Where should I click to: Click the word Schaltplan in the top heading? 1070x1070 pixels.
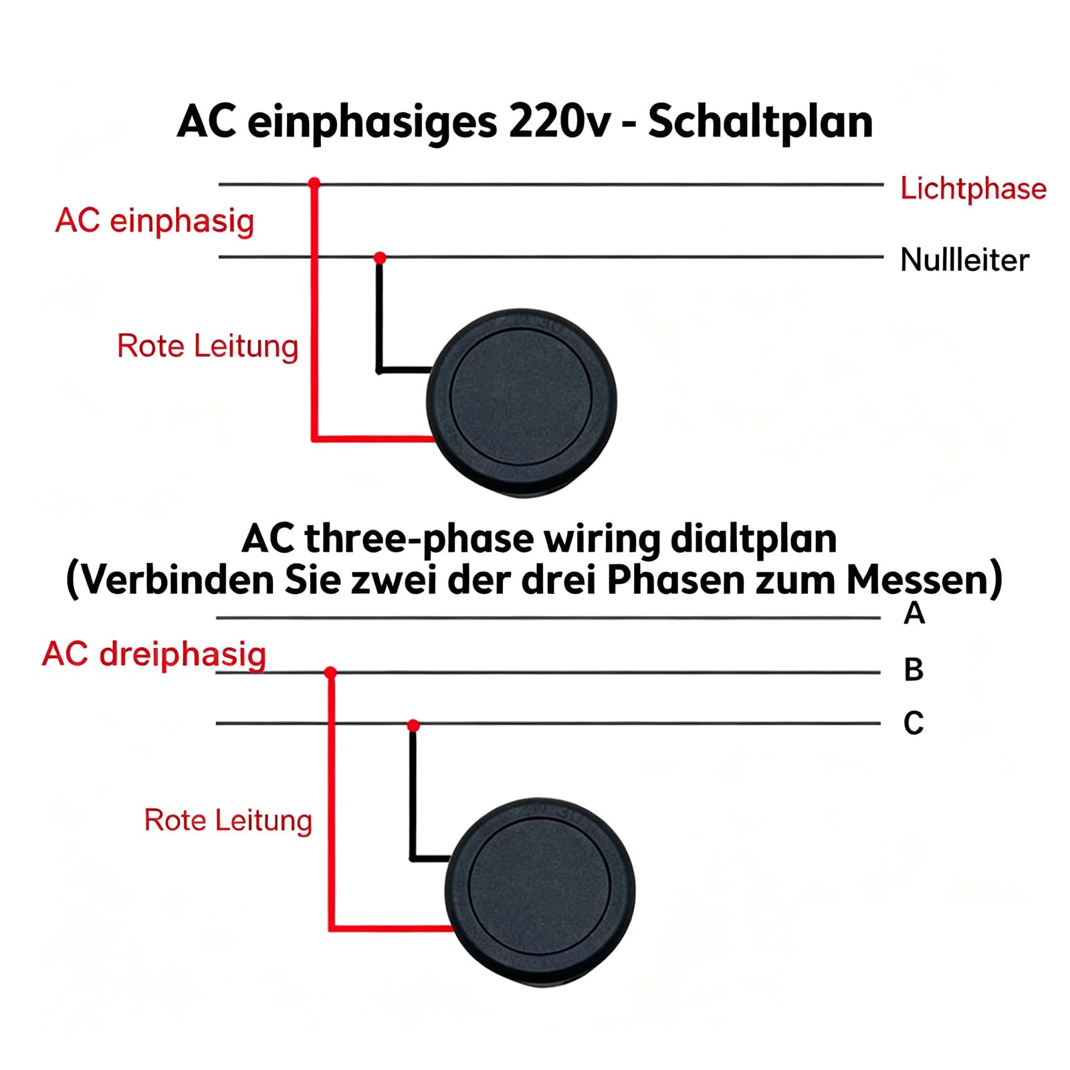click(760, 123)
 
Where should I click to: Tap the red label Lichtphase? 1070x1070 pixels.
click(973, 188)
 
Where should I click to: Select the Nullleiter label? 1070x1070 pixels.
click(964, 259)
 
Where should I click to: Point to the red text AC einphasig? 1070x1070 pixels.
click(154, 221)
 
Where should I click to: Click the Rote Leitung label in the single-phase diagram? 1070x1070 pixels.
click(207, 346)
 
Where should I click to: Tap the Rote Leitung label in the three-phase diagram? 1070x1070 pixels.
click(228, 821)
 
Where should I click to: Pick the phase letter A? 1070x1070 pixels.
click(914, 613)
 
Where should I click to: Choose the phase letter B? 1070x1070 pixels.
click(914, 669)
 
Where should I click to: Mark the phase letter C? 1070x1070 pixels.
click(914, 724)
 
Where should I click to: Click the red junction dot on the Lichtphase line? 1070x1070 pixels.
click(314, 183)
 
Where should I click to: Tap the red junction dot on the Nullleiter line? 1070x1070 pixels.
click(380, 257)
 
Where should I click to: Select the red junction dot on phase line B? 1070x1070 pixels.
click(330, 672)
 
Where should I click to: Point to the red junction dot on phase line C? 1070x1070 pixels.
click(413, 726)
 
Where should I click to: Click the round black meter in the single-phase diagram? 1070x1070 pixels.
click(522, 401)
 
